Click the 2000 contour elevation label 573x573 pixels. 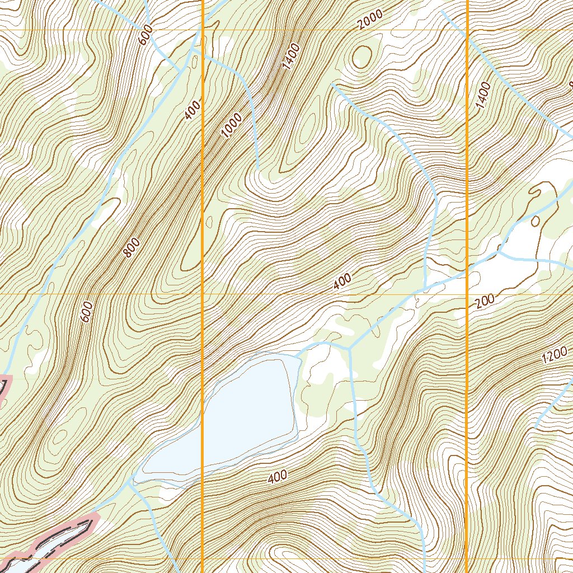click(x=370, y=20)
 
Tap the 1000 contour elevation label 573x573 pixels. click(x=232, y=125)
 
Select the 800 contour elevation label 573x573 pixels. click(x=132, y=248)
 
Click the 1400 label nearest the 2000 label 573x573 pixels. click(x=292, y=56)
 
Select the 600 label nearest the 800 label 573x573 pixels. click(x=87, y=312)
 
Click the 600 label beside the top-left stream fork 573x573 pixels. click(x=145, y=37)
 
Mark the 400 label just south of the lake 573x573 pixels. click(x=277, y=477)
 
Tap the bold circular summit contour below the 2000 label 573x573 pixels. click(x=362, y=57)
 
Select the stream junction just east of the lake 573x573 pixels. click(x=349, y=349)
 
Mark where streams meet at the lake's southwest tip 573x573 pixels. click(x=132, y=480)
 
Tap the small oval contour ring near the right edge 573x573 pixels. click(x=534, y=220)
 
